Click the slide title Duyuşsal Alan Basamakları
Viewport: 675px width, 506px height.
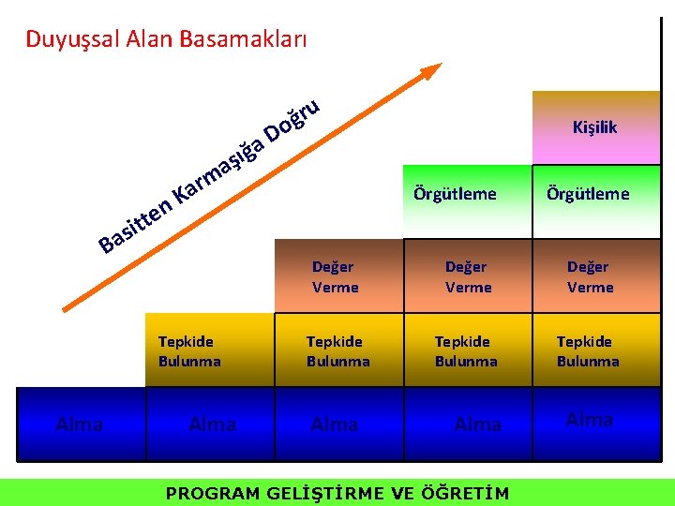[166, 39]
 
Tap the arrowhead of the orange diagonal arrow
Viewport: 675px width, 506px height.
[432, 72]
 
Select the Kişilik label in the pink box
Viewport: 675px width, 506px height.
[595, 127]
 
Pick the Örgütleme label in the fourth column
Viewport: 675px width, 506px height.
[455, 194]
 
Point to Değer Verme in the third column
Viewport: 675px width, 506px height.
[335, 277]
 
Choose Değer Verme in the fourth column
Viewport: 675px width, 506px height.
[468, 277]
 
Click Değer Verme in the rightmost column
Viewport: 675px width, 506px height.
[590, 277]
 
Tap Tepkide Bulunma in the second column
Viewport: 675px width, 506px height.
[189, 351]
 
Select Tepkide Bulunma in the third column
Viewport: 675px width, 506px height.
[337, 351]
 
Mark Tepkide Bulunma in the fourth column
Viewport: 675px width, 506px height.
[466, 351]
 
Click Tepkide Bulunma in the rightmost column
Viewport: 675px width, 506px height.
[588, 351]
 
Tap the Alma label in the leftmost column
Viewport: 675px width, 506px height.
[80, 424]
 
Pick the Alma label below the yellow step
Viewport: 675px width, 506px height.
[212, 424]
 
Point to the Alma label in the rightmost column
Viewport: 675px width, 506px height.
[590, 420]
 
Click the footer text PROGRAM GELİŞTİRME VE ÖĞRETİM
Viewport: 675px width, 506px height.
[337, 493]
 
